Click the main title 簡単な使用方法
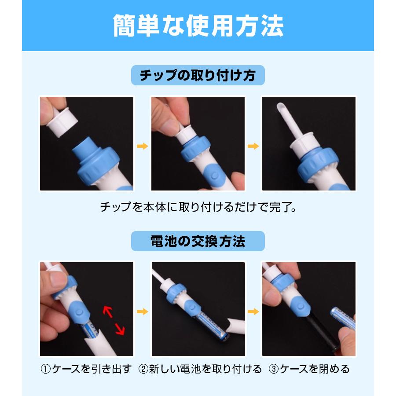198,26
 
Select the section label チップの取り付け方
198,76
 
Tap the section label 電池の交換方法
198,241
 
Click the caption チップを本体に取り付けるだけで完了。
198,206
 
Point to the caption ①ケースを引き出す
86,369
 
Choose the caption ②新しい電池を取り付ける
200,369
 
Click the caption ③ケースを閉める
309,369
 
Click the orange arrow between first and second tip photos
142,146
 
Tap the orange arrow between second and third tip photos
253,146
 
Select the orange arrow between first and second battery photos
142,312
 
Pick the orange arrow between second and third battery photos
253,312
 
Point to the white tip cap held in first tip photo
62,123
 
